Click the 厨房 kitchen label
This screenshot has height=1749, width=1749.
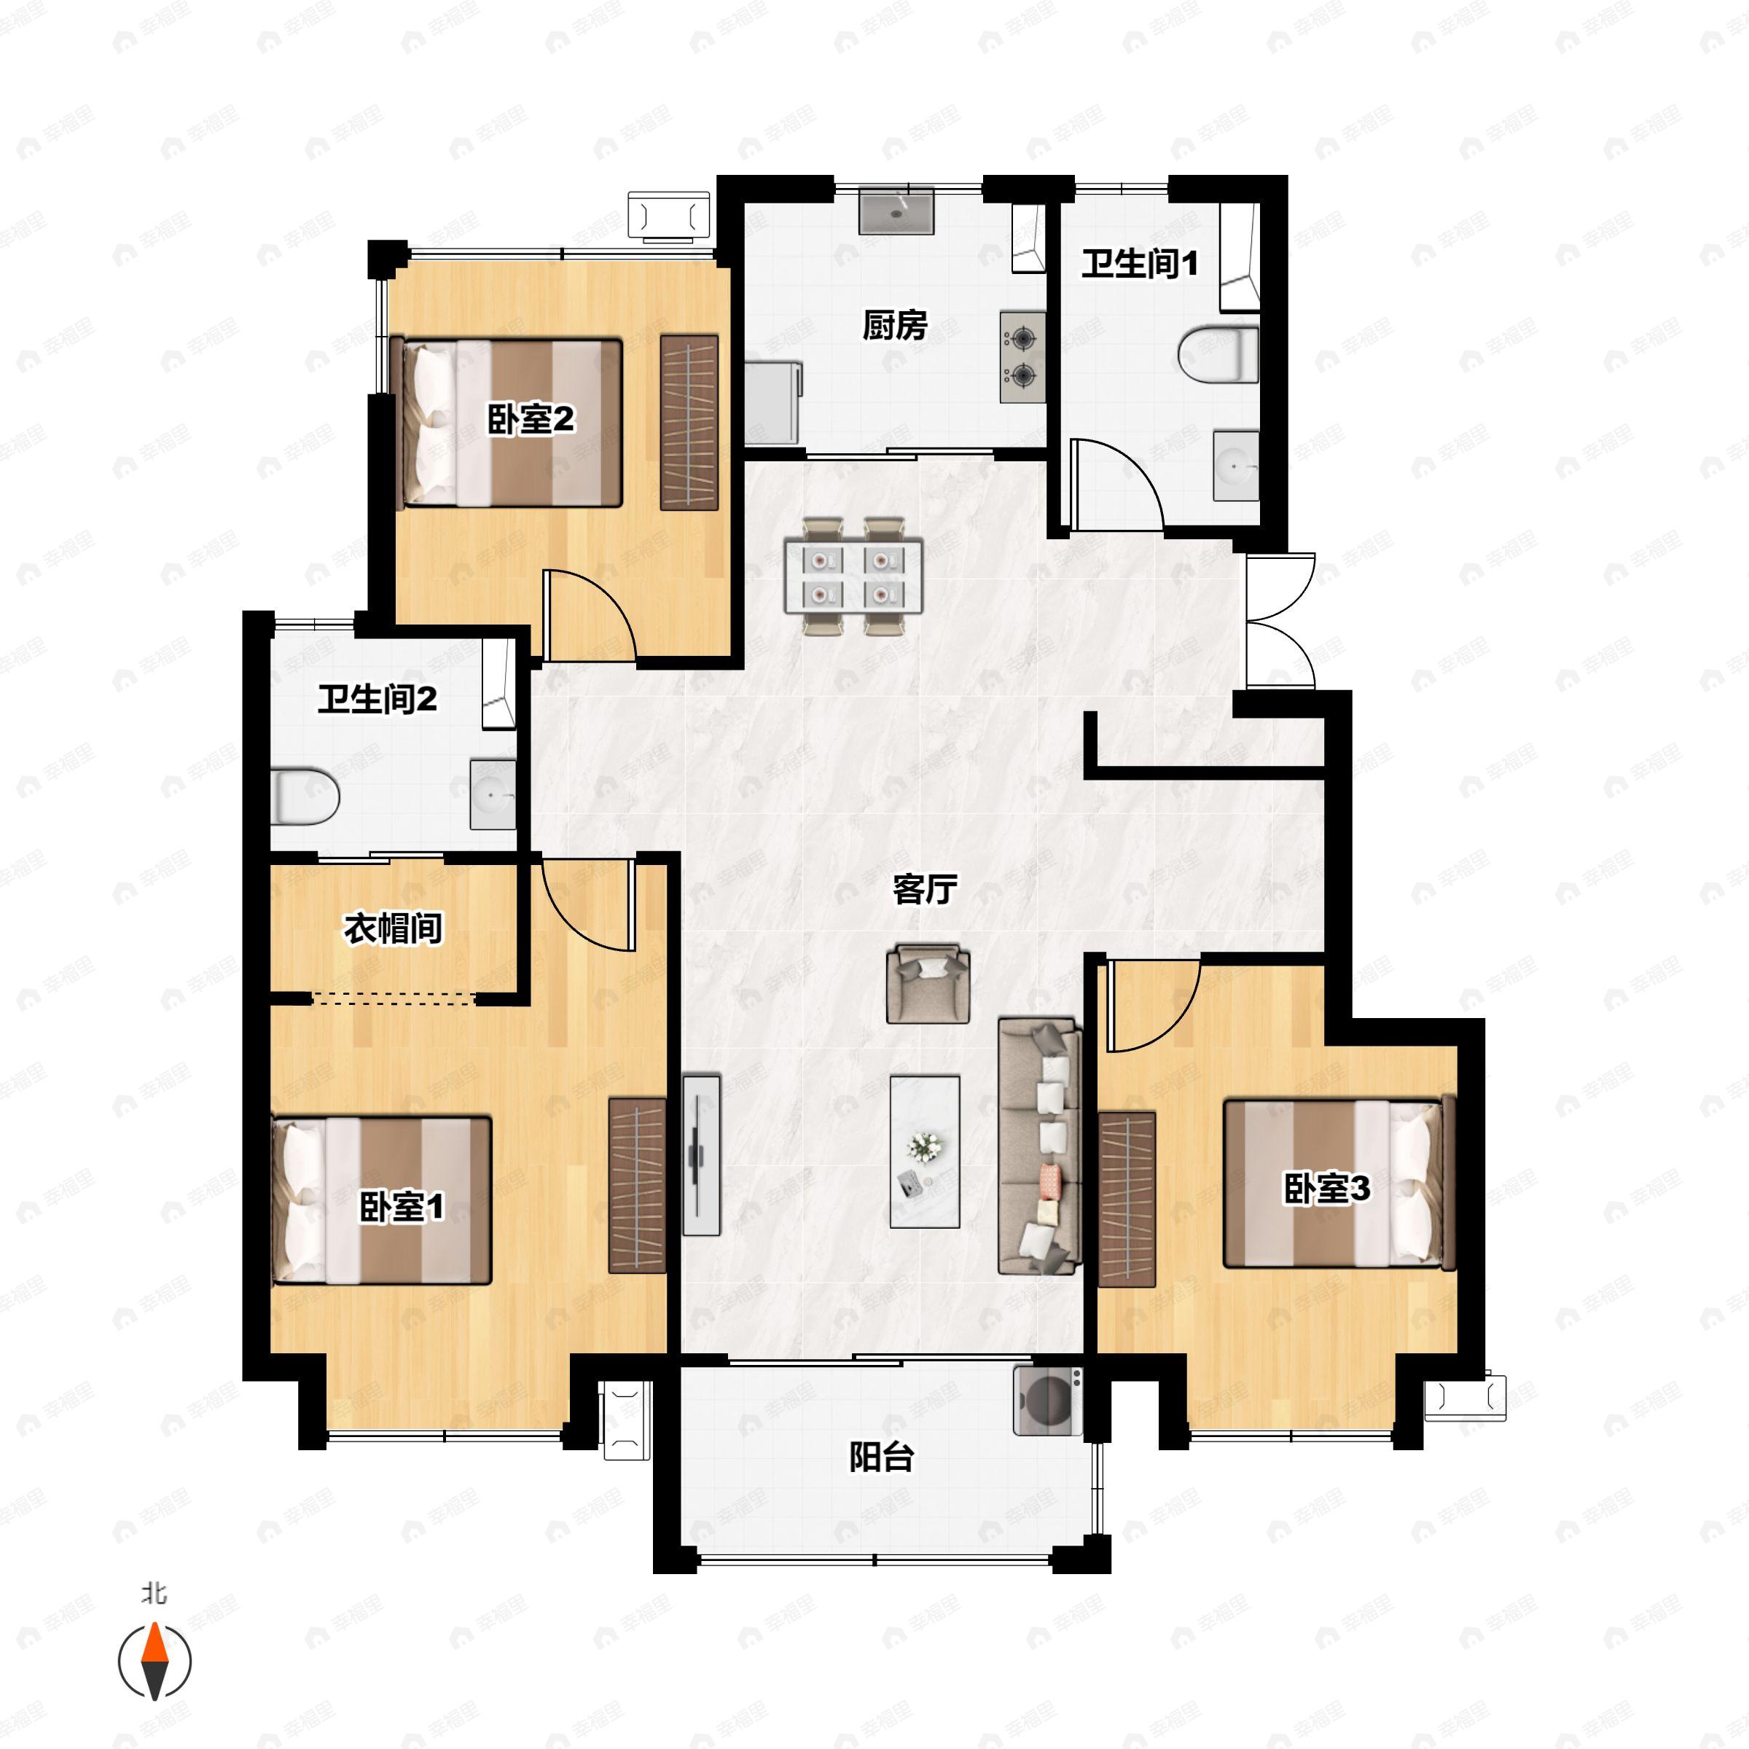point(894,326)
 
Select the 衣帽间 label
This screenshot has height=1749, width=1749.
point(393,929)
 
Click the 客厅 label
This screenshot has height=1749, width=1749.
point(924,890)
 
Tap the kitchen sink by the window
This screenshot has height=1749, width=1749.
point(896,211)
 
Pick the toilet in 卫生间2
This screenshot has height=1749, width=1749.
point(305,797)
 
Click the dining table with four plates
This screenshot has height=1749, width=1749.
point(853,576)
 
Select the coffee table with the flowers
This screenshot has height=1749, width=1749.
point(924,1151)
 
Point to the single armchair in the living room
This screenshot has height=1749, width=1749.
point(928,984)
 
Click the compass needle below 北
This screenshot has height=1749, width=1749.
point(154,1662)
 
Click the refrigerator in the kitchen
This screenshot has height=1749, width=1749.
point(774,403)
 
